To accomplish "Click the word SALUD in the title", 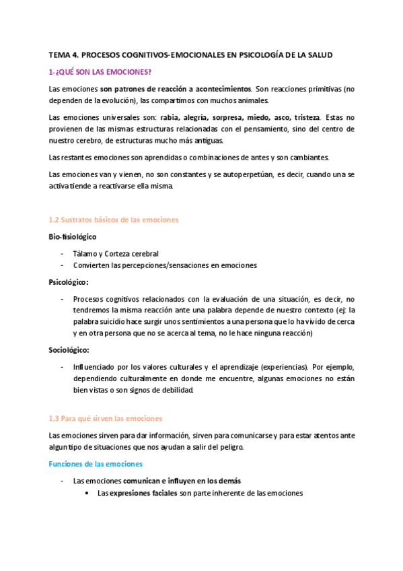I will [x=320, y=55].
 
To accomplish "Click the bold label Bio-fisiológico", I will [x=73, y=237].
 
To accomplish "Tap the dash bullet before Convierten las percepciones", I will [x=63, y=265].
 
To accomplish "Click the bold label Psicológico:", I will [x=69, y=282].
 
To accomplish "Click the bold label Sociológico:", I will [x=69, y=350].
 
